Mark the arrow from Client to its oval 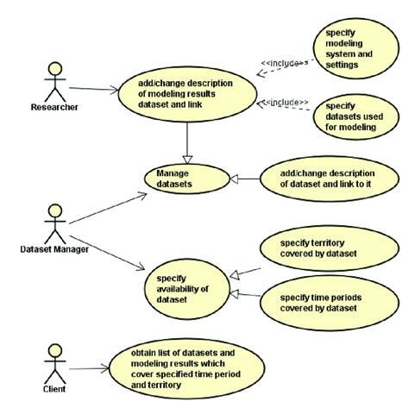point(87,370)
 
